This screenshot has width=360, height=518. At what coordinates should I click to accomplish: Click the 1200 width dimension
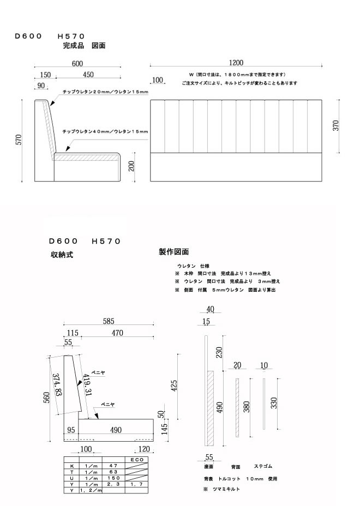[x=236, y=63]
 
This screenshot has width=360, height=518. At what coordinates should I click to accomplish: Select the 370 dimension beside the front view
[x=336, y=125]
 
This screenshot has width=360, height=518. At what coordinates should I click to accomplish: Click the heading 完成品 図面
[x=84, y=46]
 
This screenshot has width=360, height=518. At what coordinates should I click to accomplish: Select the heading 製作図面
[x=173, y=252]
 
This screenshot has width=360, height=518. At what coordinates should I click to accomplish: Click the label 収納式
[x=62, y=255]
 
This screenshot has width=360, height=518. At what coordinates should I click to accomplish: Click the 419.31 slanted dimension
[x=87, y=387]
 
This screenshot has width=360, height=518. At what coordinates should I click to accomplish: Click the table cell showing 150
[x=113, y=478]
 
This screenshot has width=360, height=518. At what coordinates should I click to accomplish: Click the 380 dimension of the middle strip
[x=247, y=407]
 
